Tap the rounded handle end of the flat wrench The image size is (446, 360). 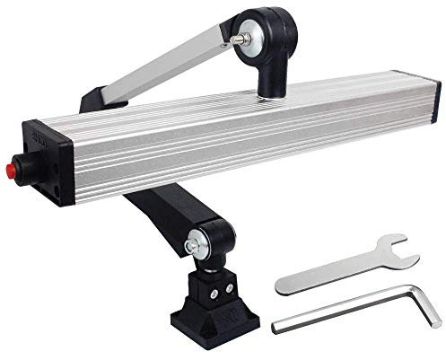click(285, 285)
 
